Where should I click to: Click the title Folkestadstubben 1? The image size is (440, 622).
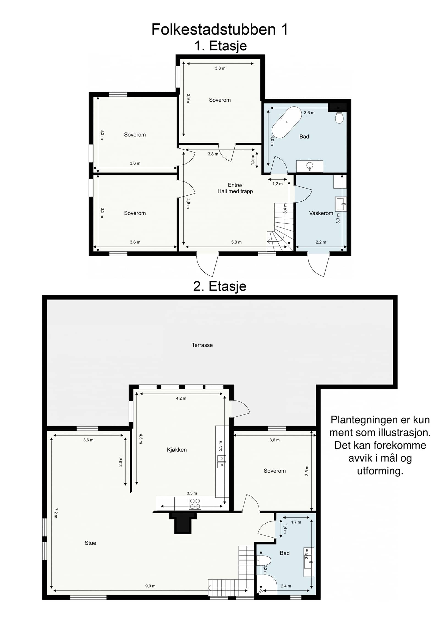click(x=220, y=29)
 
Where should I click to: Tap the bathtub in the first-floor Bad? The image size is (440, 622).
click(x=287, y=122)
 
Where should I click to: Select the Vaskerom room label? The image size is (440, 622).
click(x=321, y=213)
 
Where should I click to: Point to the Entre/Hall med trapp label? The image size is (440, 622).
click(x=235, y=188)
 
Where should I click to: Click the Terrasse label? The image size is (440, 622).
click(x=202, y=345)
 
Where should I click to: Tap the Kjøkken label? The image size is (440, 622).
click(x=177, y=450)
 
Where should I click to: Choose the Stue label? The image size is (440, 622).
click(x=90, y=543)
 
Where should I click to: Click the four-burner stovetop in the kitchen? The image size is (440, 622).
click(x=195, y=504)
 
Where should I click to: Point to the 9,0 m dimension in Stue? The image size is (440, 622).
click(x=150, y=586)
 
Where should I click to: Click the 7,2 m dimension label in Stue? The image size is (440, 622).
click(x=56, y=513)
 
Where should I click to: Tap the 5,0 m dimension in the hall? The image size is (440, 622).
click(x=236, y=242)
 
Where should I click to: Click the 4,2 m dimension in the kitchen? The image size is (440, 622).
click(x=181, y=398)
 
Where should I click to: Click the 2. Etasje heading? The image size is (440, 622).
click(x=220, y=286)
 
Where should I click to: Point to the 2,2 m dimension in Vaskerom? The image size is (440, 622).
click(x=321, y=242)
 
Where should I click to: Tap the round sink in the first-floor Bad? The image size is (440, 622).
click(x=310, y=166)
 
